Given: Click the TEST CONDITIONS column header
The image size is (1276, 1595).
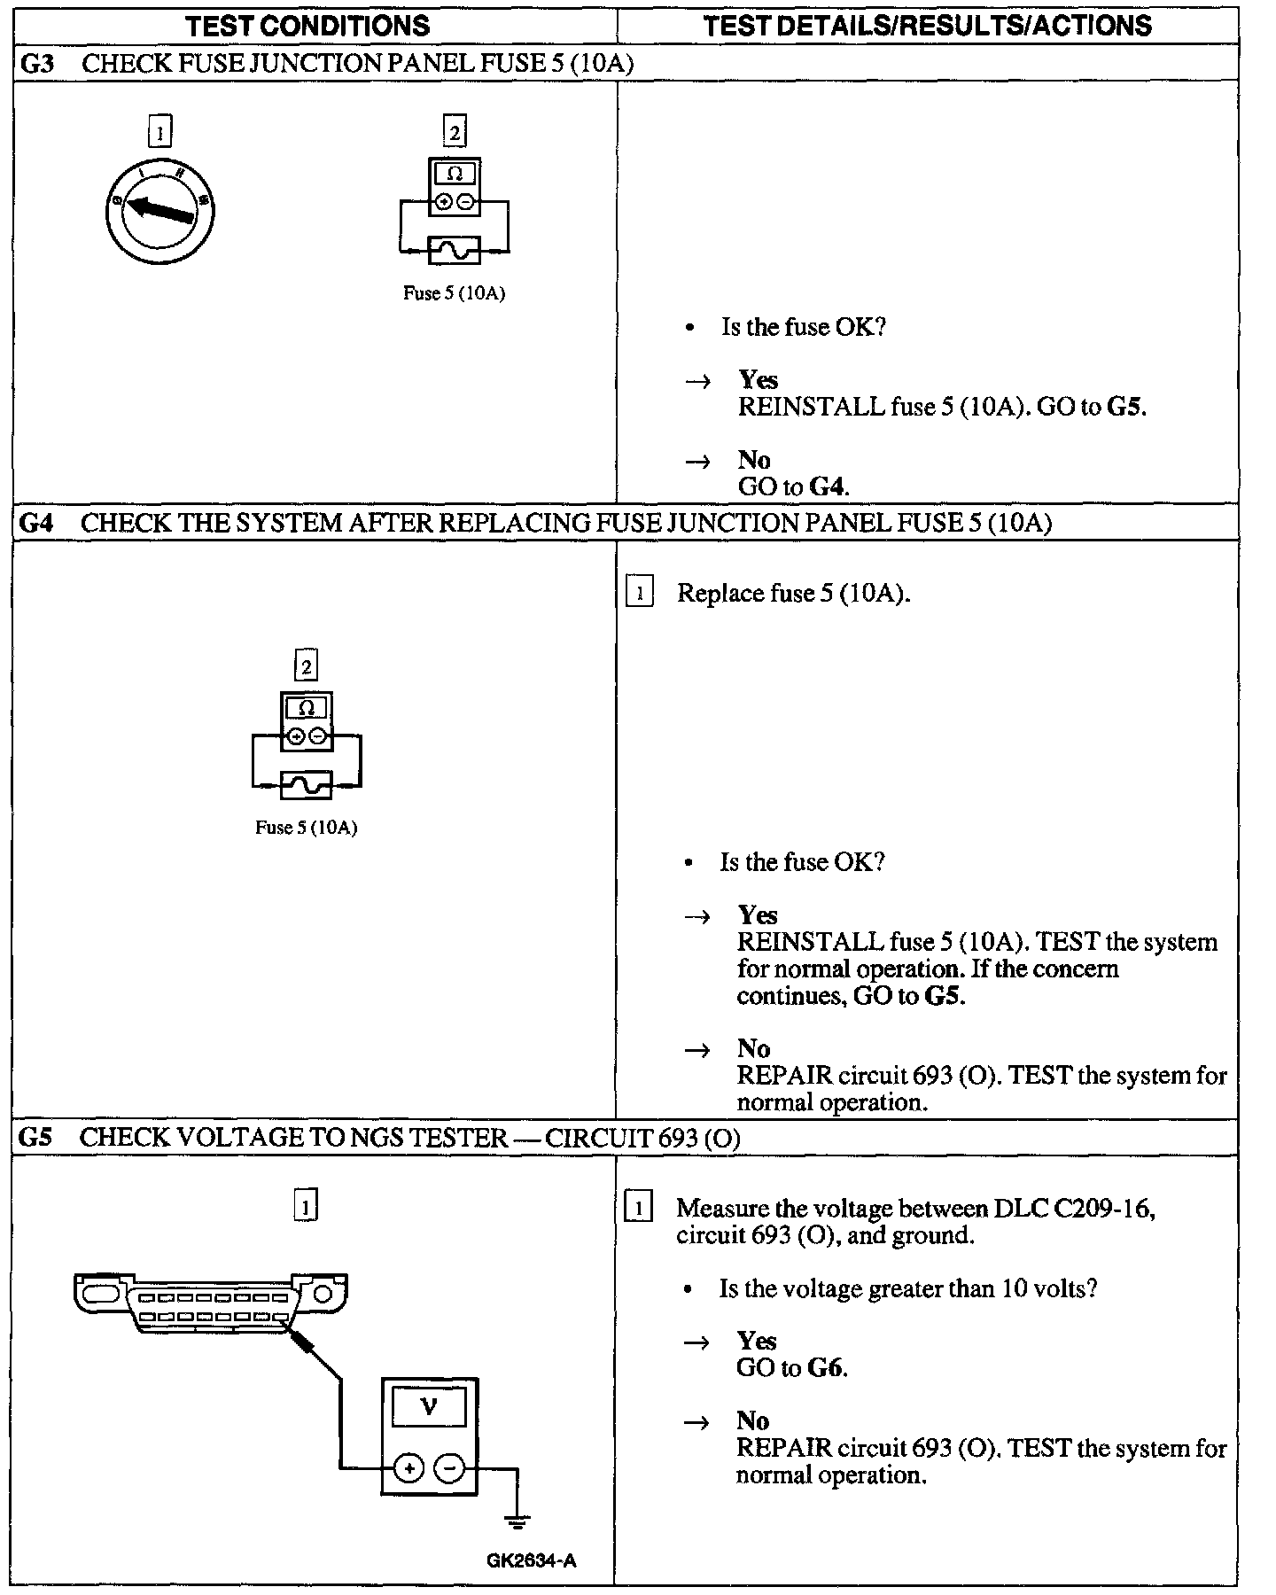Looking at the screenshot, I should coord(307,25).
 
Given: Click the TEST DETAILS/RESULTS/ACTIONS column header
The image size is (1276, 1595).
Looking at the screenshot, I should coord(927,25).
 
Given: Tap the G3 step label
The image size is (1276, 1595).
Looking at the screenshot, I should coord(37,63).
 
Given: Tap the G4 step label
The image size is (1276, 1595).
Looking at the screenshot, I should coord(37,523).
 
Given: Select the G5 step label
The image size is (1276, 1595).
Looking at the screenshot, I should coord(35,1138).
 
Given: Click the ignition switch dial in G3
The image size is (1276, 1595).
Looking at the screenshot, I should coord(159,210).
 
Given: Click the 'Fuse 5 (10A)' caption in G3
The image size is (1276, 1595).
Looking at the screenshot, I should coord(454,293).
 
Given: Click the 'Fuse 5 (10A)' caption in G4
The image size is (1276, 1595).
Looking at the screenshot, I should coord(306,828).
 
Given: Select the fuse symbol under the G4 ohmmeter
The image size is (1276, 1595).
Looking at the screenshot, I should coord(307,785).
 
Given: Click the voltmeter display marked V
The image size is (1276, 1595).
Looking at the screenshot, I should coord(429,1407).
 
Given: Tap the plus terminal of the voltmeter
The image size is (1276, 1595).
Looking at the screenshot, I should coord(408,1468).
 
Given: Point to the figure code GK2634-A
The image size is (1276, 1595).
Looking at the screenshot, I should coord(531,1560).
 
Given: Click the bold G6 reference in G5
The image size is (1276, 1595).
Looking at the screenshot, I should coord(826,1368).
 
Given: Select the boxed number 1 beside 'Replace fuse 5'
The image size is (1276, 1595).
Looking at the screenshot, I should coord(639,593).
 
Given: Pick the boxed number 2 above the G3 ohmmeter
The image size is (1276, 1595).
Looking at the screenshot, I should coord(455,133).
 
